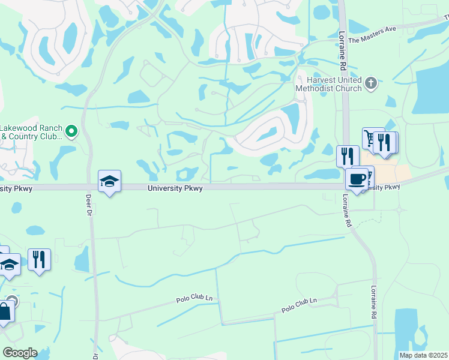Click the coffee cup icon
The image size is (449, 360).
pyautogui.click(x=358, y=178)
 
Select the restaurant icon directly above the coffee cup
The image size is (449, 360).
pyautogui.click(x=348, y=156)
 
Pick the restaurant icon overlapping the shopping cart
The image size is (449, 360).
pyautogui.click(x=384, y=142)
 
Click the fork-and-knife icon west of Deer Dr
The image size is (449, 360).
pyautogui.click(x=39, y=259)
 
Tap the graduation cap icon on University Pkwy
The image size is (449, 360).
pyautogui.click(x=110, y=181)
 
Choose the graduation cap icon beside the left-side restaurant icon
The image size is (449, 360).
pyautogui.click(x=10, y=264)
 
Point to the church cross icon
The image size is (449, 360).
pyautogui.click(x=371, y=83)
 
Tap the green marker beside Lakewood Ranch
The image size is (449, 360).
pyautogui.click(x=72, y=131)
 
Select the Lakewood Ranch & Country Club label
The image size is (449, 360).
pyautogui.click(x=31, y=132)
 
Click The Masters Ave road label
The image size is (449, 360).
pyautogui.click(x=372, y=37)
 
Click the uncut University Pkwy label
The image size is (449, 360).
pyautogui.click(x=176, y=188)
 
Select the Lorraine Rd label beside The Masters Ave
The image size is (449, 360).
pyautogui.click(x=342, y=43)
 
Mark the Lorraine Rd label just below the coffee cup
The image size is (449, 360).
pyautogui.click(x=347, y=209)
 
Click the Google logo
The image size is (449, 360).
pyautogui.click(x=20, y=353)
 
